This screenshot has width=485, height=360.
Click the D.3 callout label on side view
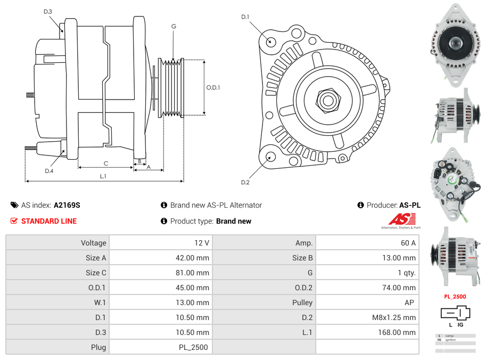tap(48, 11)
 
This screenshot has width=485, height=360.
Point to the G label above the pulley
tap(174, 26)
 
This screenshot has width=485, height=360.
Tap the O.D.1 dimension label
tap(213, 87)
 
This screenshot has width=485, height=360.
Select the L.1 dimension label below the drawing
tap(103, 176)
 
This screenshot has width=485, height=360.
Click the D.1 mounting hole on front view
tap(270, 41)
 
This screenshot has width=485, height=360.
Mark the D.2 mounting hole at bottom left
tap(270, 157)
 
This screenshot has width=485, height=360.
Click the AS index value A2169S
tap(67, 205)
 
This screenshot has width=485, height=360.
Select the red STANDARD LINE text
tap(49, 221)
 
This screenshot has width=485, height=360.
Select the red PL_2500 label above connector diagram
tap(455, 297)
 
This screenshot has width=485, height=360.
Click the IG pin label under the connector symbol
tap(461, 324)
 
